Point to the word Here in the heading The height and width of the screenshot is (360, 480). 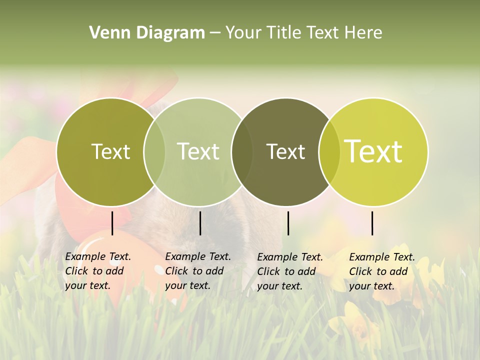point(364,32)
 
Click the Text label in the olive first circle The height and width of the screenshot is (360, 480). point(110,151)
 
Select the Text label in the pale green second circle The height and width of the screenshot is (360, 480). point(198,151)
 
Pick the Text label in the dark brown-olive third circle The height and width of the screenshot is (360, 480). point(285,151)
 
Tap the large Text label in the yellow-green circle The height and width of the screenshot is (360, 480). point(373,151)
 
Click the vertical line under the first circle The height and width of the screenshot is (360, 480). point(112,223)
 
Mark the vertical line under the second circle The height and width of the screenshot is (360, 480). point(200,223)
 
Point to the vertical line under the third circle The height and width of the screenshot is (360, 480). point(288,223)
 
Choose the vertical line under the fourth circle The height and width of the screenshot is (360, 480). point(372,223)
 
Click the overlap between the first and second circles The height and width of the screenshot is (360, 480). point(154,152)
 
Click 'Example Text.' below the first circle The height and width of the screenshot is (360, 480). point(98,256)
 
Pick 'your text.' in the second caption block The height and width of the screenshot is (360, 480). point(187,285)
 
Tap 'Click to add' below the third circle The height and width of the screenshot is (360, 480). point(286,271)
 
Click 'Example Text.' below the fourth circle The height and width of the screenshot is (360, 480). point(382,257)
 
